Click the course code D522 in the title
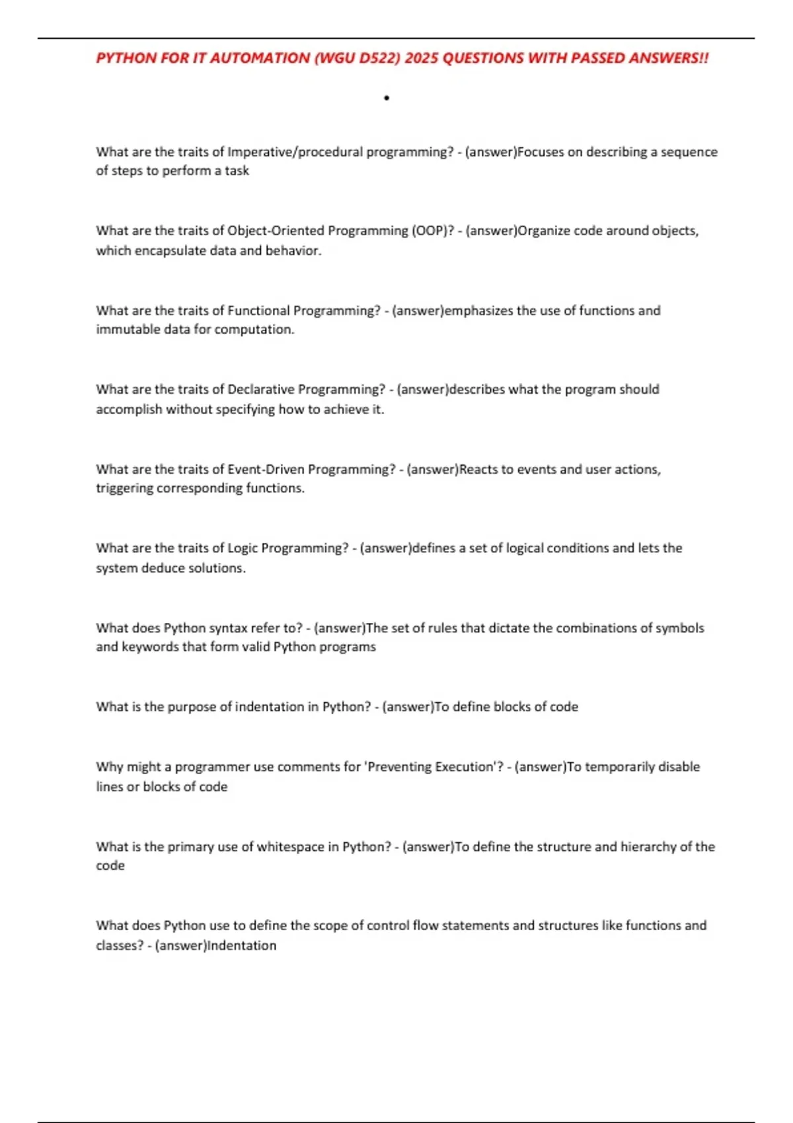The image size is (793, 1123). click(x=378, y=58)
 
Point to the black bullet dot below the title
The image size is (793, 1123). click(x=387, y=98)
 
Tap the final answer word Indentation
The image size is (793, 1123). click(x=242, y=945)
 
